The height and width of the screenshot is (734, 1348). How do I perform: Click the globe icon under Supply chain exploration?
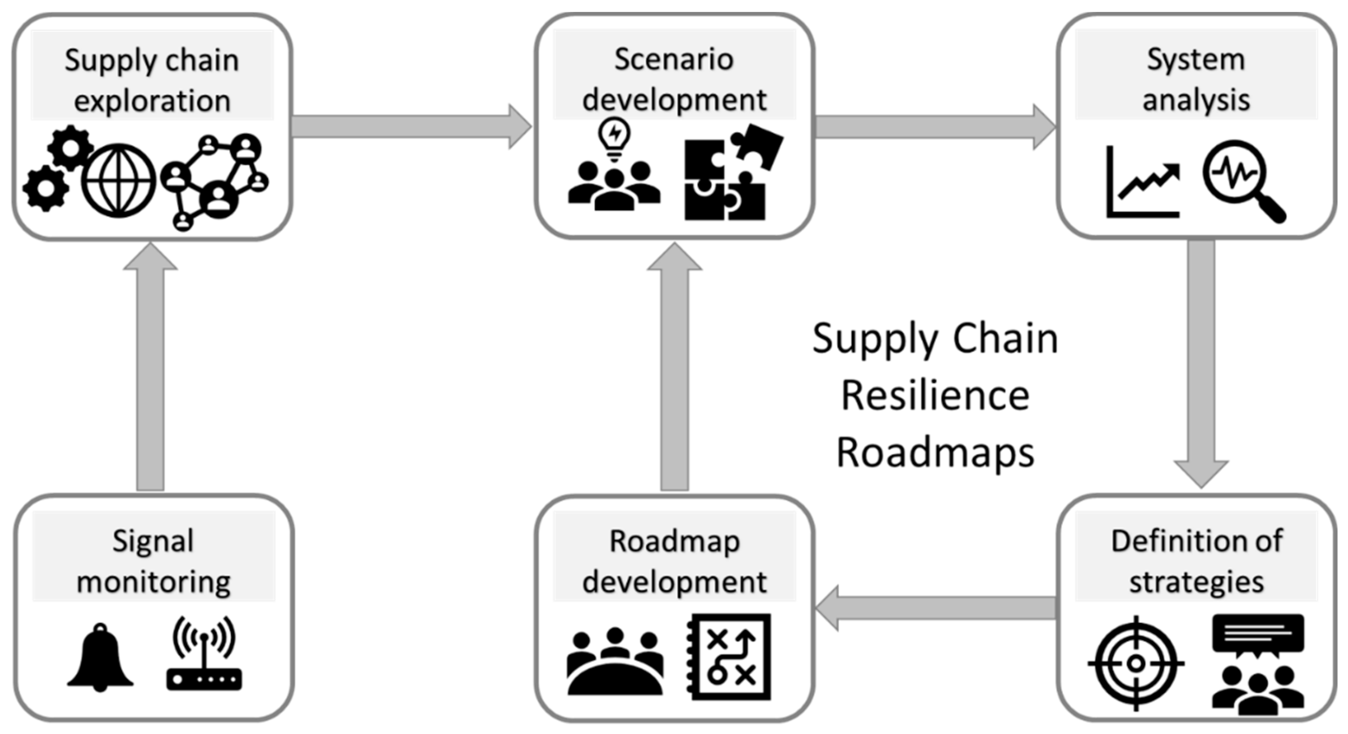pyautogui.click(x=119, y=181)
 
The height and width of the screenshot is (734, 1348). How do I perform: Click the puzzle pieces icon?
pyautogui.click(x=730, y=173)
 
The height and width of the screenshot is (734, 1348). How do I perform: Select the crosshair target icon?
pyautogui.click(x=1136, y=663)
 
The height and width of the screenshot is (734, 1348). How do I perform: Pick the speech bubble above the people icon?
pyautogui.click(x=1258, y=634)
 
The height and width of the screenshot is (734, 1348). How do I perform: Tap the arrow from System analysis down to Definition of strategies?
pyautogui.click(x=1201, y=361)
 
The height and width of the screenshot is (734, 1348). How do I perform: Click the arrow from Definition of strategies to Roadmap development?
pyautogui.click(x=937, y=608)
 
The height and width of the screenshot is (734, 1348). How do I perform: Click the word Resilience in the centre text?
pyautogui.click(x=935, y=396)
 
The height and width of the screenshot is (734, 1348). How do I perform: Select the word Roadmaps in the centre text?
pyautogui.click(x=935, y=453)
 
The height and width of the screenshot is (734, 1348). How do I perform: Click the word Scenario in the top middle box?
pyautogui.click(x=673, y=59)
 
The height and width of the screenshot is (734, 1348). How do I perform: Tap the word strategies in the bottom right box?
pyautogui.click(x=1196, y=582)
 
